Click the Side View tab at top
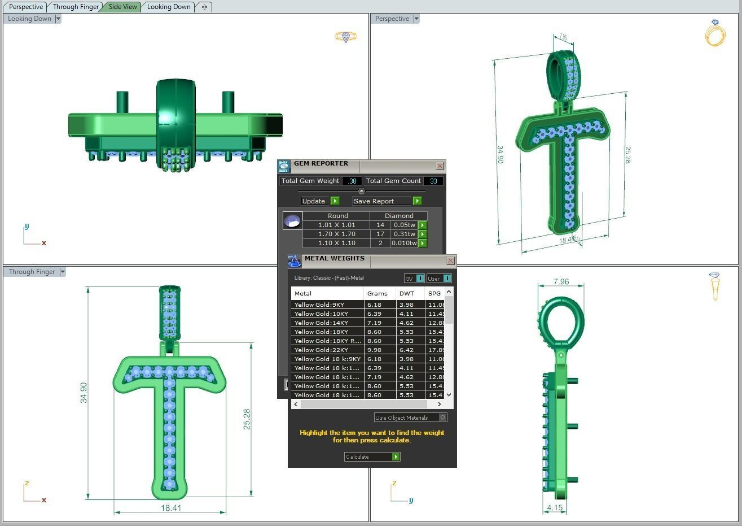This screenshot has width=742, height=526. [122, 7]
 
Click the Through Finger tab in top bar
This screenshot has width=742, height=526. [76, 7]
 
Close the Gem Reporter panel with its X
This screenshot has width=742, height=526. [440, 166]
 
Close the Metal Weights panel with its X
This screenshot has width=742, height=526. [450, 261]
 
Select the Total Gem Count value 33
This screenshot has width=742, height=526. [433, 181]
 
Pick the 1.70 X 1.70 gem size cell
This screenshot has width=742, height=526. [336, 234]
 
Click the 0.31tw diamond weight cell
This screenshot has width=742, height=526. [404, 234]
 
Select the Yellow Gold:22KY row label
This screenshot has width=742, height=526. [321, 350]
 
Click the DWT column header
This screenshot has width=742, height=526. [406, 293]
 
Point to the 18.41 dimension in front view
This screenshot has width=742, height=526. [171, 508]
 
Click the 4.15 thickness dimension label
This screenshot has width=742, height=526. [555, 507]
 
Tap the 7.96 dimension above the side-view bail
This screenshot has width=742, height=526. [561, 281]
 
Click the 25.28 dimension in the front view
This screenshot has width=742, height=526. [247, 419]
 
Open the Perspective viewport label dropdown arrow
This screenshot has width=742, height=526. [416, 19]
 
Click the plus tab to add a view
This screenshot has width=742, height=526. [204, 7]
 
